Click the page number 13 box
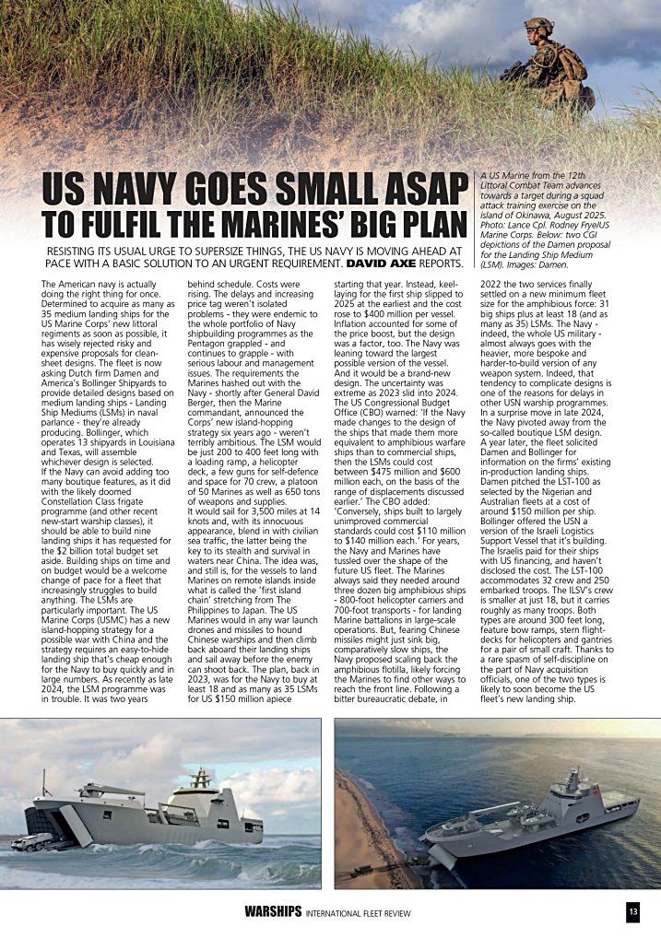tap(632, 912)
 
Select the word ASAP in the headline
tap(418, 189)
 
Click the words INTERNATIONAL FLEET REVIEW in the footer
tap(359, 913)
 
